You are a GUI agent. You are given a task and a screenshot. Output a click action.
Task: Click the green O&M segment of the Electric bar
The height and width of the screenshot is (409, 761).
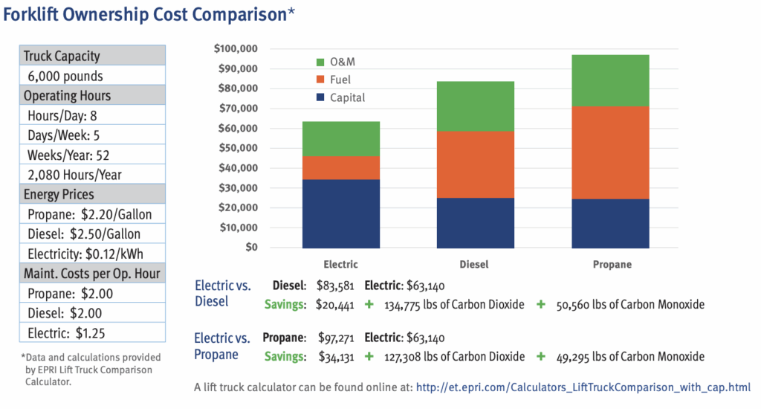pos(340,138)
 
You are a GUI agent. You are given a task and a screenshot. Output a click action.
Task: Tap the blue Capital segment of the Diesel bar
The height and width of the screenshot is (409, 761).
pos(476,222)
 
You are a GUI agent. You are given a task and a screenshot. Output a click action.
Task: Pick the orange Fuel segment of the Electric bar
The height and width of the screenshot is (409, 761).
pos(340,167)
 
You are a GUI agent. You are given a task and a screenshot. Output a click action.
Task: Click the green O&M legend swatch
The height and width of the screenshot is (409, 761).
pos(320,61)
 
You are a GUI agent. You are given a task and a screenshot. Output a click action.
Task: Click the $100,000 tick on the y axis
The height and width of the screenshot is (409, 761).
pos(235,49)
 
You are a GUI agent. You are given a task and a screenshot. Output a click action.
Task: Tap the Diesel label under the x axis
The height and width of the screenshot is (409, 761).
pos(476,264)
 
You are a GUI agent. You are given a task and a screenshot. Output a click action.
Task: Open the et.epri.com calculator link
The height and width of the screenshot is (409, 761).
pos(583,387)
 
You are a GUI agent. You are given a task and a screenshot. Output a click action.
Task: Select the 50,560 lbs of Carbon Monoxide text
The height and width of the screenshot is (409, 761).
pos(630,304)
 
